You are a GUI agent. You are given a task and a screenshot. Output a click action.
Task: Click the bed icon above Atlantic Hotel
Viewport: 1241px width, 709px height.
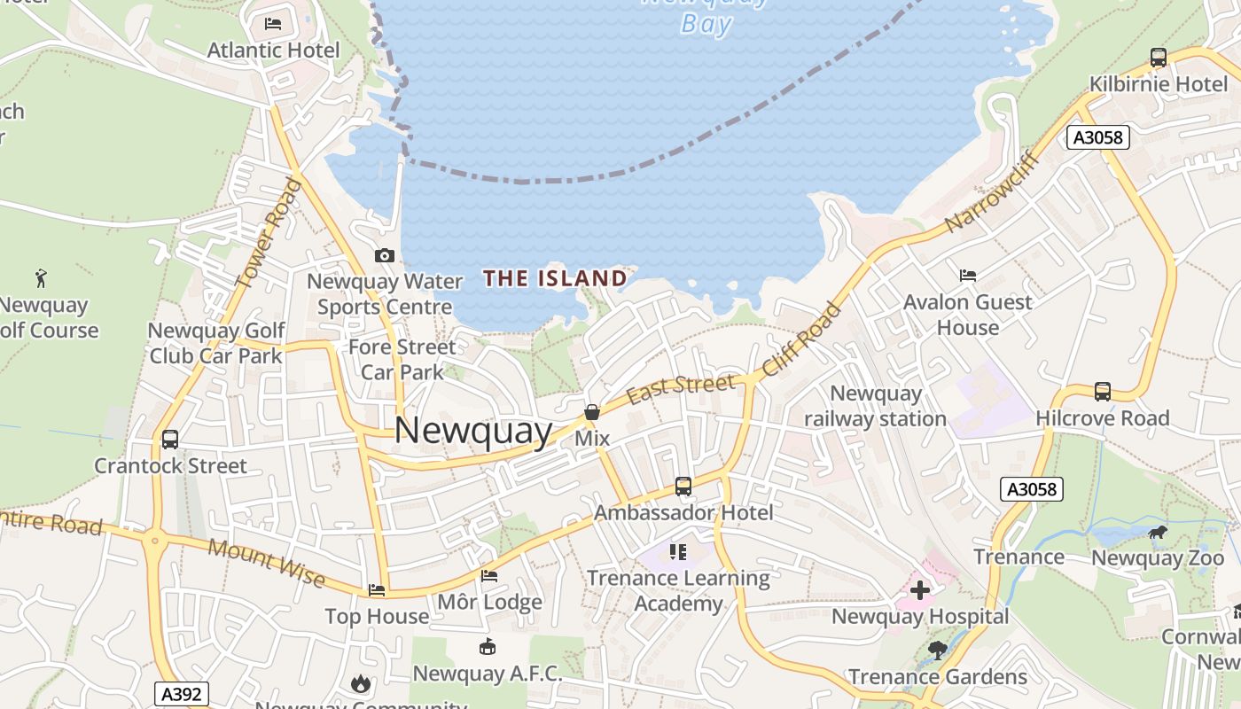coord(273,23)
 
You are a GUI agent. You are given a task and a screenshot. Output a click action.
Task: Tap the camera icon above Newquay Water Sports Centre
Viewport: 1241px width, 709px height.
coord(385,255)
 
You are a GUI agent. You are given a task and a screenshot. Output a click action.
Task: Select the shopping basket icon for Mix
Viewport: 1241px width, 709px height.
coord(591,412)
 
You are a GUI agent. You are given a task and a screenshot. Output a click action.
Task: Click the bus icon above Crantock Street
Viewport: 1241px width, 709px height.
coord(170,439)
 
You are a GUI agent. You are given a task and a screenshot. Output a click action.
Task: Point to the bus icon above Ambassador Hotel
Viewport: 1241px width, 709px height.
coord(683,486)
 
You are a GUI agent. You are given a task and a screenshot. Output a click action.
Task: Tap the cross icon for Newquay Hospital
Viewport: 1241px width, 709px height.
coord(920,589)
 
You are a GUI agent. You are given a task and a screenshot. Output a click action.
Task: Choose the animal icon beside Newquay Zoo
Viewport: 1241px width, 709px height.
coord(1158,532)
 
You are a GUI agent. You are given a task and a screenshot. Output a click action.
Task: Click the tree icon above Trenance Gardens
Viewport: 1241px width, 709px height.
coord(937,651)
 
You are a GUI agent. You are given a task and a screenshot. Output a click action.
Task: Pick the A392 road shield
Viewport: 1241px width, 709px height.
coord(182,693)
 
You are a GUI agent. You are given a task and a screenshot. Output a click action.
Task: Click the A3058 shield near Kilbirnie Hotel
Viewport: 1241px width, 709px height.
coord(1098,137)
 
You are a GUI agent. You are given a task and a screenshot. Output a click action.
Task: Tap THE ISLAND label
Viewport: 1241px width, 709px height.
coord(555,278)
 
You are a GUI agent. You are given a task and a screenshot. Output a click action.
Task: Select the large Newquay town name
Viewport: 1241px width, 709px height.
coord(472,431)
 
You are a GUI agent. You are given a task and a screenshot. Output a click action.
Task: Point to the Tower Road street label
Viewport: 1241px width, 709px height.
coord(269,233)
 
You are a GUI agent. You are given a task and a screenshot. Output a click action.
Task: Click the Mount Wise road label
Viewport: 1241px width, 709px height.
coord(266,561)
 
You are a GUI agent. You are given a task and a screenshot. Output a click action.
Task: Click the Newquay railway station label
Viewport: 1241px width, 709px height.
coord(875,406)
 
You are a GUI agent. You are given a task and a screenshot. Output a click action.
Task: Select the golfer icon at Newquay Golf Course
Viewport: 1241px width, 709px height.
coord(41,278)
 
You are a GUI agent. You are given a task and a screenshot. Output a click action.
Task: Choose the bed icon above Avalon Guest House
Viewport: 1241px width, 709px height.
coord(968,276)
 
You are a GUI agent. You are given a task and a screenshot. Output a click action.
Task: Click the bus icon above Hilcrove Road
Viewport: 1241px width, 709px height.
coord(1103,391)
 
